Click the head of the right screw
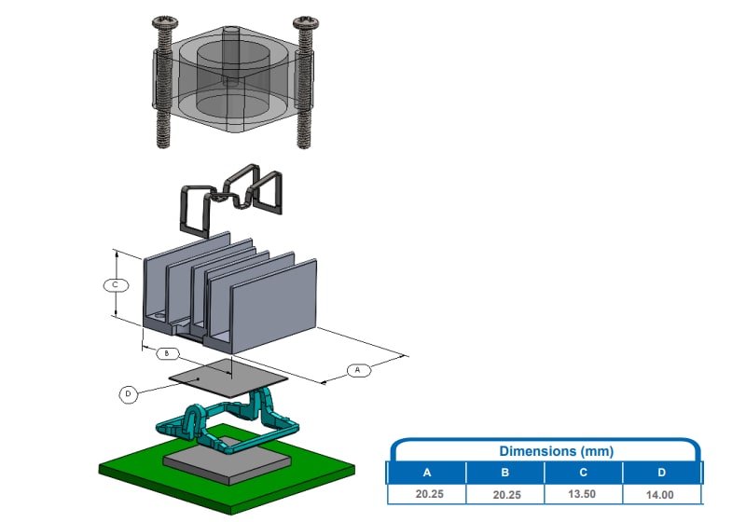305,21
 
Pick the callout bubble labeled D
129,394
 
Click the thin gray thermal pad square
228,376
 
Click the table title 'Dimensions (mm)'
544,451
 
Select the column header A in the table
426,473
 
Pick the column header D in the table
661,473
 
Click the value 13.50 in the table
583,495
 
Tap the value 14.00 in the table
661,495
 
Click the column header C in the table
583,473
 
